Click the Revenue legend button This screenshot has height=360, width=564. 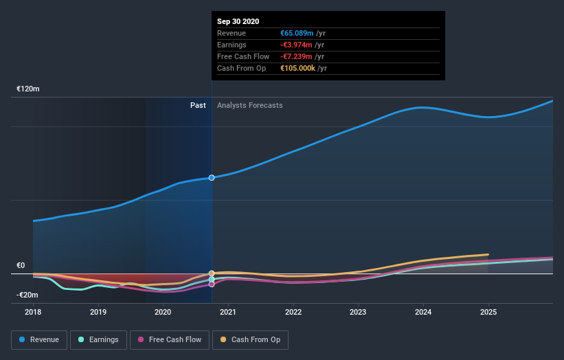pos(39,339)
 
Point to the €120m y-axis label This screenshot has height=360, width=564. pos(28,89)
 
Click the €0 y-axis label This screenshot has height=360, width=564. pos(21,266)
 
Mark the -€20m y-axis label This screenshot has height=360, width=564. pos(28,295)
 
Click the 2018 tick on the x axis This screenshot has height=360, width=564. pos(33,311)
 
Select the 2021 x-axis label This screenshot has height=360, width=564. pos(228,311)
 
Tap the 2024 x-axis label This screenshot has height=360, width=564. pos(423,311)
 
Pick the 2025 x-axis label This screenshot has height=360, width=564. pos(488,311)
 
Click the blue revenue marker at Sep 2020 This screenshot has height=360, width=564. pos(212,177)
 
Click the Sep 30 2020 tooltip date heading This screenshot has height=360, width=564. pos(238,22)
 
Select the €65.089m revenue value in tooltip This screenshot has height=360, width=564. pos(297,33)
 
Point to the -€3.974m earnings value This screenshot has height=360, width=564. pos(296,45)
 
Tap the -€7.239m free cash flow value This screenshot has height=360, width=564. pos(296,56)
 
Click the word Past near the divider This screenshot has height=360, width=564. pos(198,105)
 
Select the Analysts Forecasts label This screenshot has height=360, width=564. pos(249,105)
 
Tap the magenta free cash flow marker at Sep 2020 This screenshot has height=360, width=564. pos(212,284)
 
